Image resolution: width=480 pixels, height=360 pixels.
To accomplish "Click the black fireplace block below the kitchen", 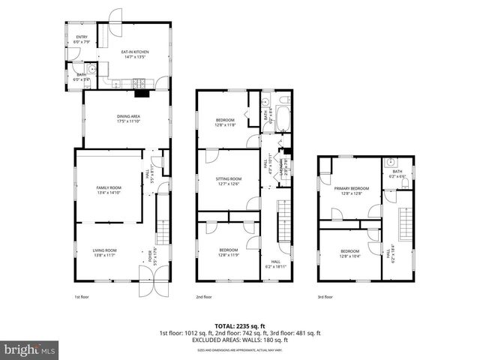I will pyautogui.click(x=140, y=94).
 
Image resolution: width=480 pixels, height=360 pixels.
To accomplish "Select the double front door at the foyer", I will pyautogui.click(x=150, y=287).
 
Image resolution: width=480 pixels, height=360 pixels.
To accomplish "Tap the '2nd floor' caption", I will pyautogui.click(x=204, y=298).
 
